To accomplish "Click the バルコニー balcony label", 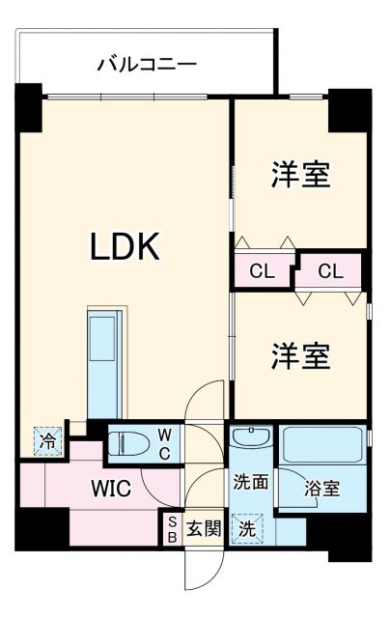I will coord(148,65).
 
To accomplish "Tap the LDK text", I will coord(125,248).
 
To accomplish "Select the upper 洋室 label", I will coord(299,175).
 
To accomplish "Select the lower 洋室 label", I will coord(299,354).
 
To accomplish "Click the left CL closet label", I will coord(262,271).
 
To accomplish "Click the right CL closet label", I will coord(329,271).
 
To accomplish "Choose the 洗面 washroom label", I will coord(249,480).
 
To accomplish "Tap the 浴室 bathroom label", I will coord(322,489).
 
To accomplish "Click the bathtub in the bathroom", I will coord(321,446).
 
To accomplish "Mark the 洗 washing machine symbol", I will coord(248,528).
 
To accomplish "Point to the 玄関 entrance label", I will coord(204,529).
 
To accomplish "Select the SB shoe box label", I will coord(172,528).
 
